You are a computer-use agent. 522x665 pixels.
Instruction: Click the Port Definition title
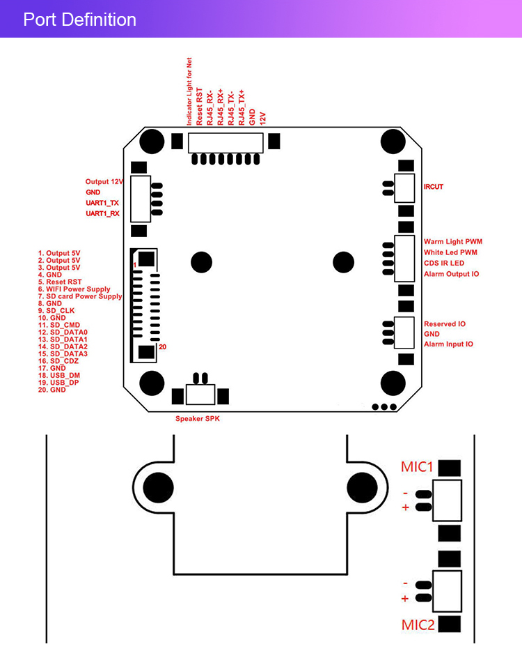click(79, 20)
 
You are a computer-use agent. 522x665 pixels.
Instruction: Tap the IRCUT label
click(434, 187)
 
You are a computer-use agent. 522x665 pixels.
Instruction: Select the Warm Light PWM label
click(452, 242)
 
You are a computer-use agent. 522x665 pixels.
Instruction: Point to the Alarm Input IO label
click(448, 344)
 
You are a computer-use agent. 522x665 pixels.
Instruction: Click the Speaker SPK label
click(201, 418)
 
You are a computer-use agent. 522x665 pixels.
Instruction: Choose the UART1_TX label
click(102, 203)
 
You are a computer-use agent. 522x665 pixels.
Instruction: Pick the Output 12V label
click(104, 181)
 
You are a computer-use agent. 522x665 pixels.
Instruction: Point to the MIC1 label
click(418, 467)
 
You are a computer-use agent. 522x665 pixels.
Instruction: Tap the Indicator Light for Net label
click(189, 92)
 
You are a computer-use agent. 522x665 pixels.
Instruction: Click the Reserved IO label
click(445, 324)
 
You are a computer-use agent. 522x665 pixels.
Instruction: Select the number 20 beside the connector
click(163, 346)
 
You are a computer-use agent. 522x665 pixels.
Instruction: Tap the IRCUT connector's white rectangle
click(405, 187)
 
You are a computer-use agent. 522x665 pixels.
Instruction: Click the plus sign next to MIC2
click(405, 598)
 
